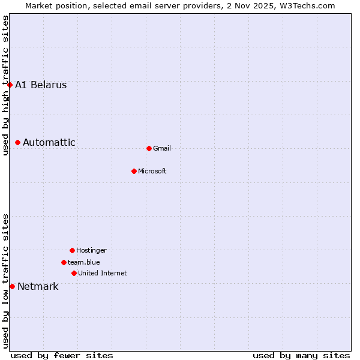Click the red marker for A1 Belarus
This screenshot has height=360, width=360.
click(x=10, y=85)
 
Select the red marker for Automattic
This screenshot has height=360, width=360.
click(x=18, y=142)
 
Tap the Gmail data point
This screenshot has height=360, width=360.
click(x=149, y=148)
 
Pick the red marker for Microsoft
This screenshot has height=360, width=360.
click(x=134, y=171)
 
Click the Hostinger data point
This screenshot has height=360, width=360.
click(x=72, y=250)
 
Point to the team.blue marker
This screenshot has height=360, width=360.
click(x=64, y=262)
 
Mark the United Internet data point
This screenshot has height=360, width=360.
click(x=74, y=273)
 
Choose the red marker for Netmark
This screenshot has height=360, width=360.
click(x=12, y=286)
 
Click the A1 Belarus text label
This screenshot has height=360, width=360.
click(x=41, y=85)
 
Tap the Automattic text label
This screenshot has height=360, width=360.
click(x=49, y=142)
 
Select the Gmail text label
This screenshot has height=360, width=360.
click(x=162, y=148)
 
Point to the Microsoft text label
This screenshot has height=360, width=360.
click(x=152, y=171)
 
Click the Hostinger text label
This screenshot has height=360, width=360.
click(x=91, y=250)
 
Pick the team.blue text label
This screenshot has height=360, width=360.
click(x=84, y=262)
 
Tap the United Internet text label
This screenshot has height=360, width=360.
click(x=103, y=273)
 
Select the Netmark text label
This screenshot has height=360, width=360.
click(x=38, y=286)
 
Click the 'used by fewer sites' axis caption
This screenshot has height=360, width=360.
click(x=62, y=355)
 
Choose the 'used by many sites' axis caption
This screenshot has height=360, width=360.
click(x=301, y=355)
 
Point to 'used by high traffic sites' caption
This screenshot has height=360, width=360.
click(x=6, y=85)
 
